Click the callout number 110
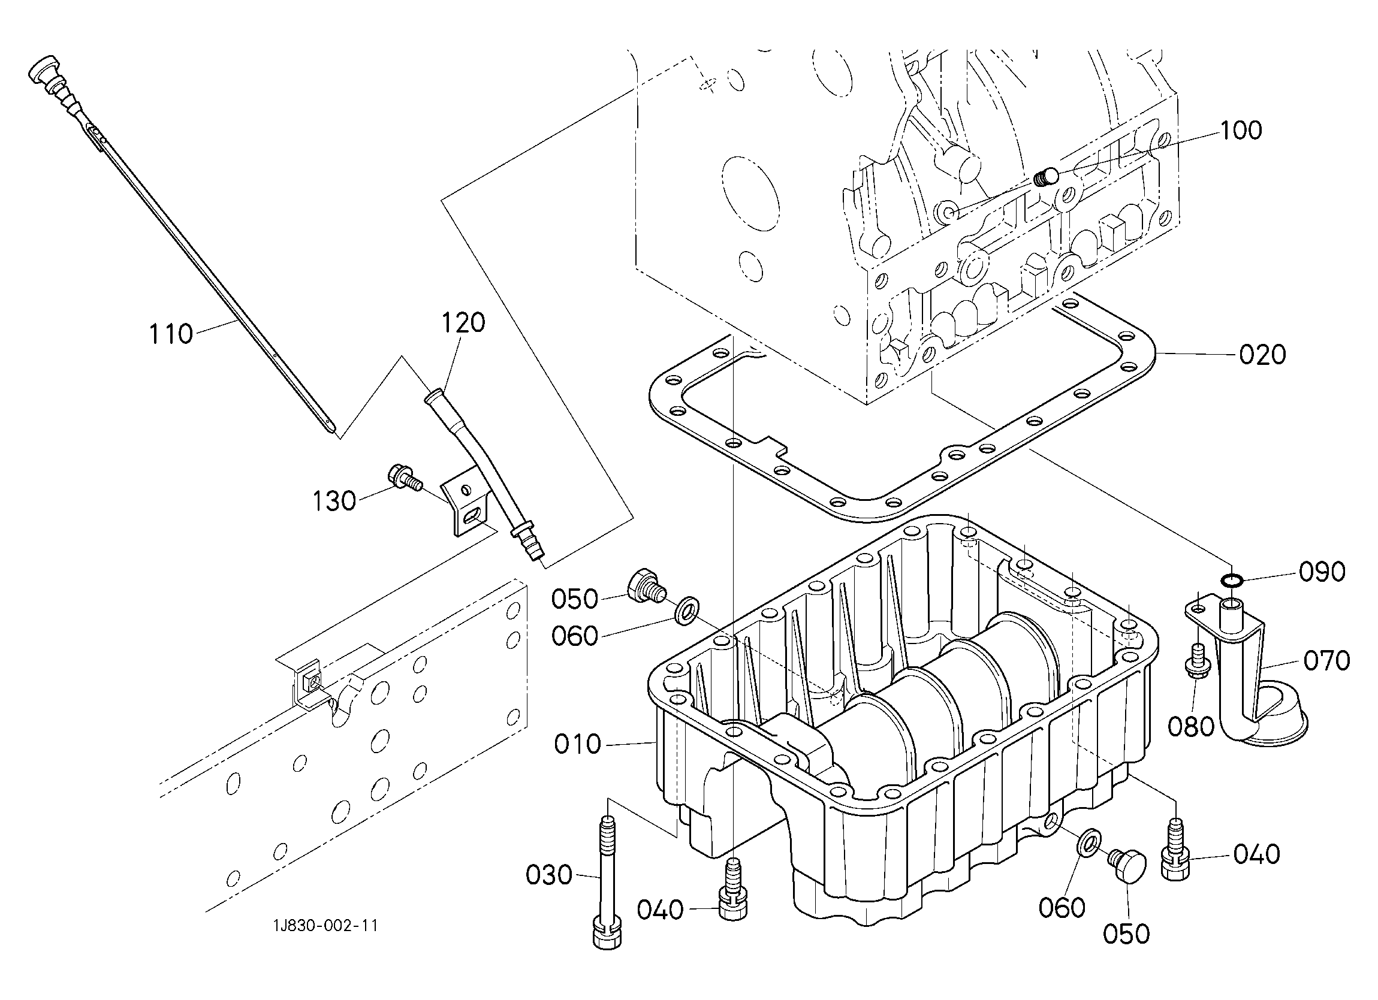coord(171,334)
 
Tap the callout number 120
coord(463,322)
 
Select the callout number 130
coord(334,501)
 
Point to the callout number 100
coord(1241,130)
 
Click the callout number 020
coord(1262,355)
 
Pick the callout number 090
coord(1322,572)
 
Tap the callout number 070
coord(1327,660)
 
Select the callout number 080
coord(1191,726)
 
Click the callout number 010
coord(577,744)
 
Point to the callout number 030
coord(549,875)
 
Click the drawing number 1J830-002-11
coord(325,926)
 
